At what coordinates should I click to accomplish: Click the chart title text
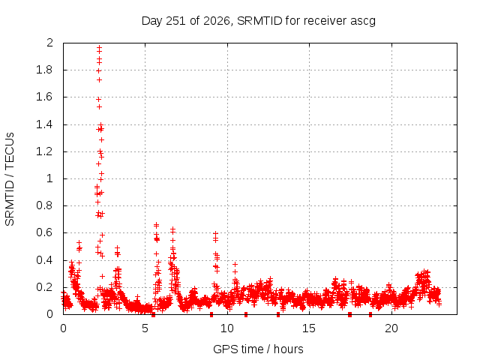coord(259,21)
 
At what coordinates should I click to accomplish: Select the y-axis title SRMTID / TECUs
coord(10,179)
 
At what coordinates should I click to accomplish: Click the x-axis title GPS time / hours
coord(258,349)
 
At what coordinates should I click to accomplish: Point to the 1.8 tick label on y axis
coord(44,70)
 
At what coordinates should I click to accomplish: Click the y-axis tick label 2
coord(49,43)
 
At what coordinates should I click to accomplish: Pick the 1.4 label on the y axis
coord(44,124)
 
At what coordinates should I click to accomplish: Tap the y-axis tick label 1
coord(50,178)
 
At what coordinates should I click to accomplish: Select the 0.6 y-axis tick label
coord(44,232)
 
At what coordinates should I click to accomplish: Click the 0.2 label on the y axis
coord(44,287)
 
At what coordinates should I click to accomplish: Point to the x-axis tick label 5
coord(145,328)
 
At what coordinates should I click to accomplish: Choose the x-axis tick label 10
coord(227,328)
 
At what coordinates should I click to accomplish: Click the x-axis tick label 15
coord(309,328)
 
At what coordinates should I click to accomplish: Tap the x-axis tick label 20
coord(391,328)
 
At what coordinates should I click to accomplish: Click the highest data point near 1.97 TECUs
coord(99,47)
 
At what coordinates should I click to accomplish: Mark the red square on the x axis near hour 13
coord(278,315)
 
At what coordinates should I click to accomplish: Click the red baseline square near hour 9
coord(211,315)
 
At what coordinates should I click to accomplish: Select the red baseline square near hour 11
coord(246,315)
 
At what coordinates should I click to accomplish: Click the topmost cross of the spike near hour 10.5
coord(235,264)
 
